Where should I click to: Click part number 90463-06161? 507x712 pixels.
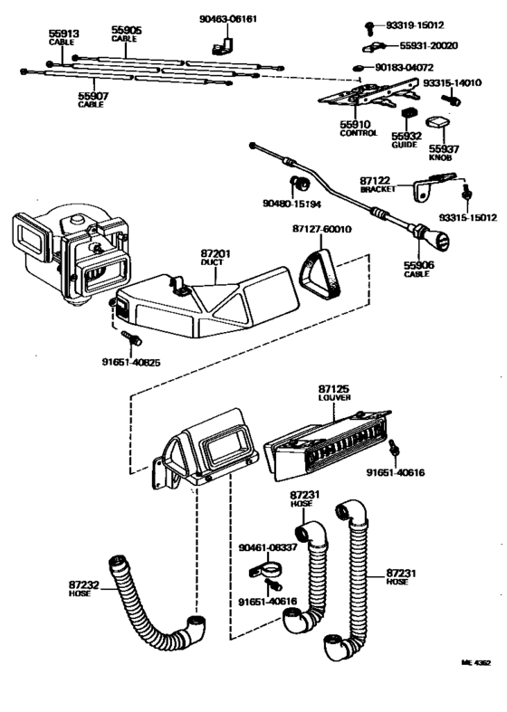228,19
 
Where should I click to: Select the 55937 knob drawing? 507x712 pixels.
437,123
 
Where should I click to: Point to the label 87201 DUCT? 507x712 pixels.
215,257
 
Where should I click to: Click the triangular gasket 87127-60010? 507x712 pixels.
320,274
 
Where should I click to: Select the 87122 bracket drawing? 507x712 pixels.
433,185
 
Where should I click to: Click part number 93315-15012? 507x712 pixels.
468,218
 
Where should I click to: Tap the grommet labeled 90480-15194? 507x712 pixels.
300,183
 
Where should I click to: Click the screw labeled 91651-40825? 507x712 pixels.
132,337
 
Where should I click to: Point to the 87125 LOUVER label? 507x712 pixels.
334,393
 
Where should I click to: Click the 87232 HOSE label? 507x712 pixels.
84,589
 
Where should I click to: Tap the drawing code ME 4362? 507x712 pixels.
475,662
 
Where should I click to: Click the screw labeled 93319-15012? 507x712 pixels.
370,27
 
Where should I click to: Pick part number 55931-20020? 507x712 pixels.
428,46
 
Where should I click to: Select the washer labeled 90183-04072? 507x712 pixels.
359,68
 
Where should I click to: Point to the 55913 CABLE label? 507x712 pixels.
63,38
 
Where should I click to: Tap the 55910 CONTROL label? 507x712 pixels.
359,128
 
